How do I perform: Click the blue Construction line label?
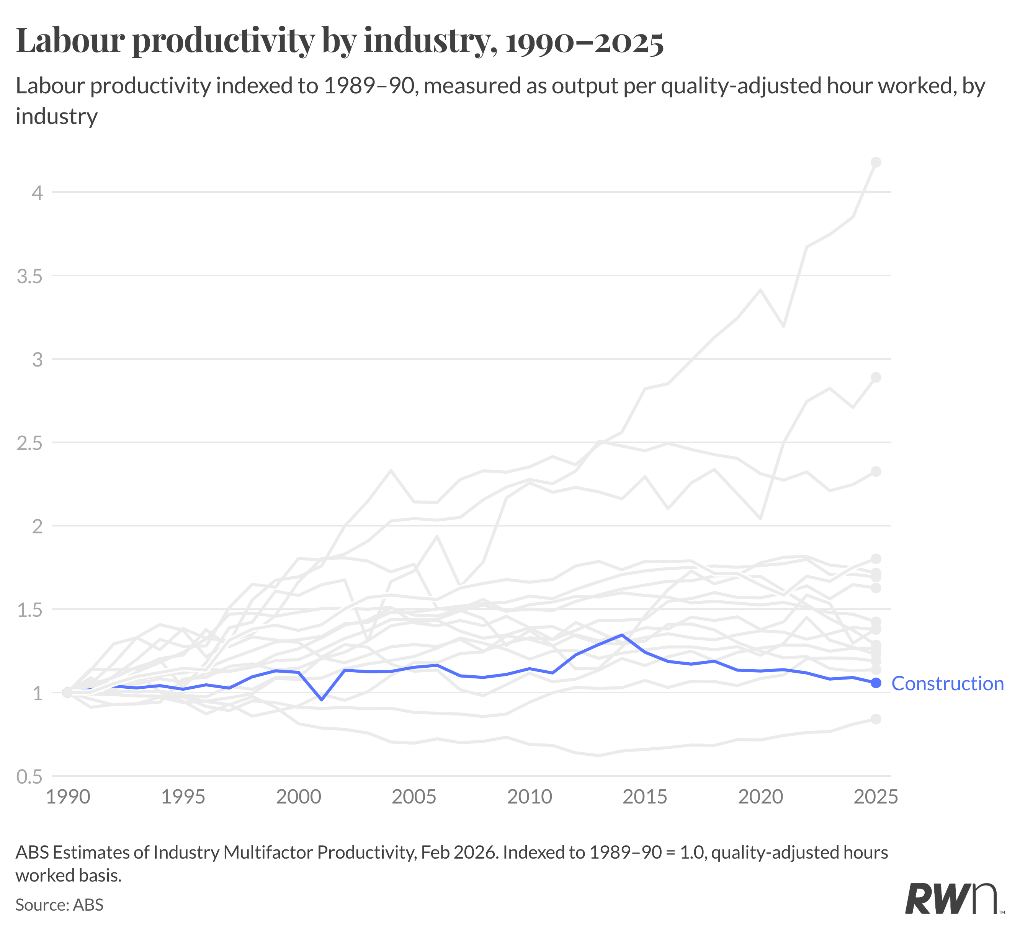[947, 684]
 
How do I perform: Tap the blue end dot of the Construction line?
[876, 683]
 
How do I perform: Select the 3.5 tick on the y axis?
[30, 276]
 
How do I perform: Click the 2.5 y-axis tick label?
[30, 443]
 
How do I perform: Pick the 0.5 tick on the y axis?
[30, 777]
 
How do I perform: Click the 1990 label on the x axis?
[68, 797]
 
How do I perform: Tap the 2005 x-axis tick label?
[414, 797]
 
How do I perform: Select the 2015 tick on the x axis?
[645, 797]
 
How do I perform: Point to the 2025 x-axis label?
[875, 797]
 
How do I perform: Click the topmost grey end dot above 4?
[876, 162]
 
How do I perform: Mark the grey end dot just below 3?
[876, 378]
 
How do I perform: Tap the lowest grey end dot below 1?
[876, 719]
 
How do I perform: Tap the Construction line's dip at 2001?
[321, 700]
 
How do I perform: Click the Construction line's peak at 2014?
[621, 635]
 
